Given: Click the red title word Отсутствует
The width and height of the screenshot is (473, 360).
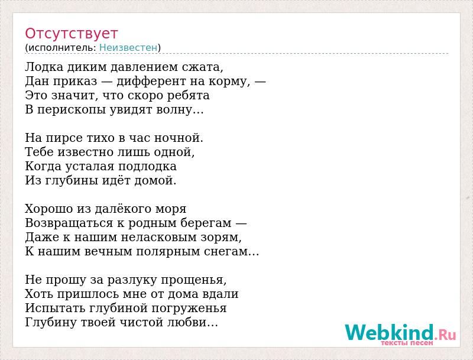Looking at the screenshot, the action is point(71,34).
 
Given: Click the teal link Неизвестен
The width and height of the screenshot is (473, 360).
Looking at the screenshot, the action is point(128,48).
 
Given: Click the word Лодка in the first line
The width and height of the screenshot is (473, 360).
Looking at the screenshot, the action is point(44,67).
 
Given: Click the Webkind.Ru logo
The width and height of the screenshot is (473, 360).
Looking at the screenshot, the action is point(400,332).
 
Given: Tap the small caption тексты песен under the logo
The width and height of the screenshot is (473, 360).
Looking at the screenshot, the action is point(407,343).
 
